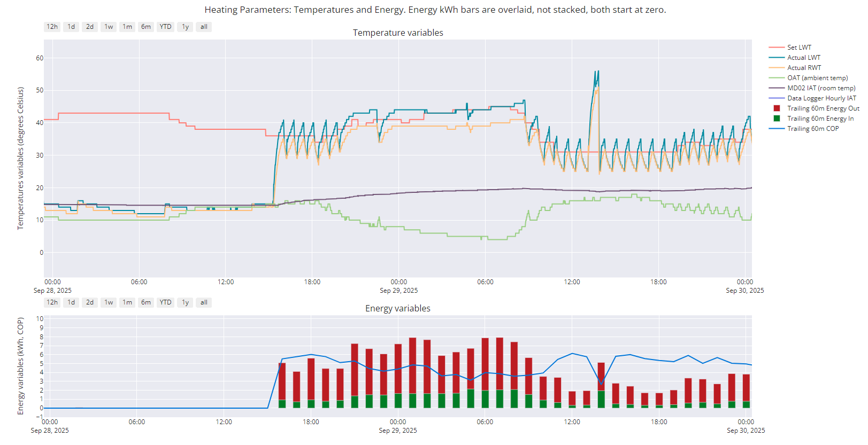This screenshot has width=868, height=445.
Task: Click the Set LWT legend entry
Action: [x=799, y=48]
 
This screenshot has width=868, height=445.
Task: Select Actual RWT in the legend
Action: [x=804, y=68]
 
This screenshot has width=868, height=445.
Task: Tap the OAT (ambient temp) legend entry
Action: [x=817, y=78]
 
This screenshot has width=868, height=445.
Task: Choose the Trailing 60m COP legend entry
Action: [x=813, y=129]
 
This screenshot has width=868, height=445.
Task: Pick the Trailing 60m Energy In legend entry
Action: [x=820, y=119]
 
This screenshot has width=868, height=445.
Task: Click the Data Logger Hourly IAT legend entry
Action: [x=821, y=98]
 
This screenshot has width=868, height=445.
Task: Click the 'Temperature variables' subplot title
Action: [x=398, y=33]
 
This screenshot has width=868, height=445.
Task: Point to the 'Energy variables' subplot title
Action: [x=397, y=308]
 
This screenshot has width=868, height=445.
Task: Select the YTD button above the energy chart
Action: [x=165, y=302]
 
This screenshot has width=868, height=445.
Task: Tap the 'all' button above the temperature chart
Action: [x=204, y=27]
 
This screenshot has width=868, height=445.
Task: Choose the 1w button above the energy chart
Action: [x=109, y=302]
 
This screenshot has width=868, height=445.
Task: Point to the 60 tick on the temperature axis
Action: [x=40, y=58]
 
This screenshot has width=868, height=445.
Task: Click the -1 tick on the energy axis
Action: [x=40, y=417]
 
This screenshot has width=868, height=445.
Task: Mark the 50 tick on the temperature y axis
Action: [x=40, y=90]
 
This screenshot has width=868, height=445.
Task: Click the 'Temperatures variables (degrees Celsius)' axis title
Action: [x=20, y=158]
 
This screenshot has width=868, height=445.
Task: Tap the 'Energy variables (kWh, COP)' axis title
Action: [x=20, y=366]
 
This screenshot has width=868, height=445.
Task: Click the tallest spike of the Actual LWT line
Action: [x=598, y=71]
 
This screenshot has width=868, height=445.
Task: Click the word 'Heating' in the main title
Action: [x=220, y=10]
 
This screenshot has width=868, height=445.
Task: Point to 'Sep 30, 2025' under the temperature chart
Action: [x=744, y=291]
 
